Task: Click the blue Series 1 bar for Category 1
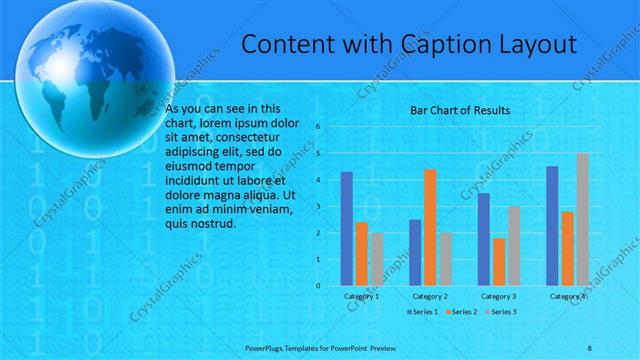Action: (x=346, y=229)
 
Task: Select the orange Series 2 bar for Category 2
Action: (x=430, y=227)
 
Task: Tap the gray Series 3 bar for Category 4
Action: (x=583, y=219)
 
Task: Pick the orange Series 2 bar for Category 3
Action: (x=498, y=262)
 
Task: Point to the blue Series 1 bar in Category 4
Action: (x=552, y=226)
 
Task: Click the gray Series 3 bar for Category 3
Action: (x=513, y=246)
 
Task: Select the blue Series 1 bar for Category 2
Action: (x=415, y=253)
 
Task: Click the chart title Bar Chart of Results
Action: (x=461, y=109)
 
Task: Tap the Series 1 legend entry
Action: (x=421, y=313)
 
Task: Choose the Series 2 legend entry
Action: (x=461, y=313)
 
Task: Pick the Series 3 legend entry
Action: (x=501, y=313)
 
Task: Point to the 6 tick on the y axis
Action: (x=317, y=127)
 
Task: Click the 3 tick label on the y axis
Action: (x=317, y=206)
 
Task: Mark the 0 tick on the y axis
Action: (x=317, y=286)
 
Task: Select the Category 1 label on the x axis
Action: (x=361, y=297)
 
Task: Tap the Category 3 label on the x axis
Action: (x=498, y=297)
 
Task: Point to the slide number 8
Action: (x=590, y=347)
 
